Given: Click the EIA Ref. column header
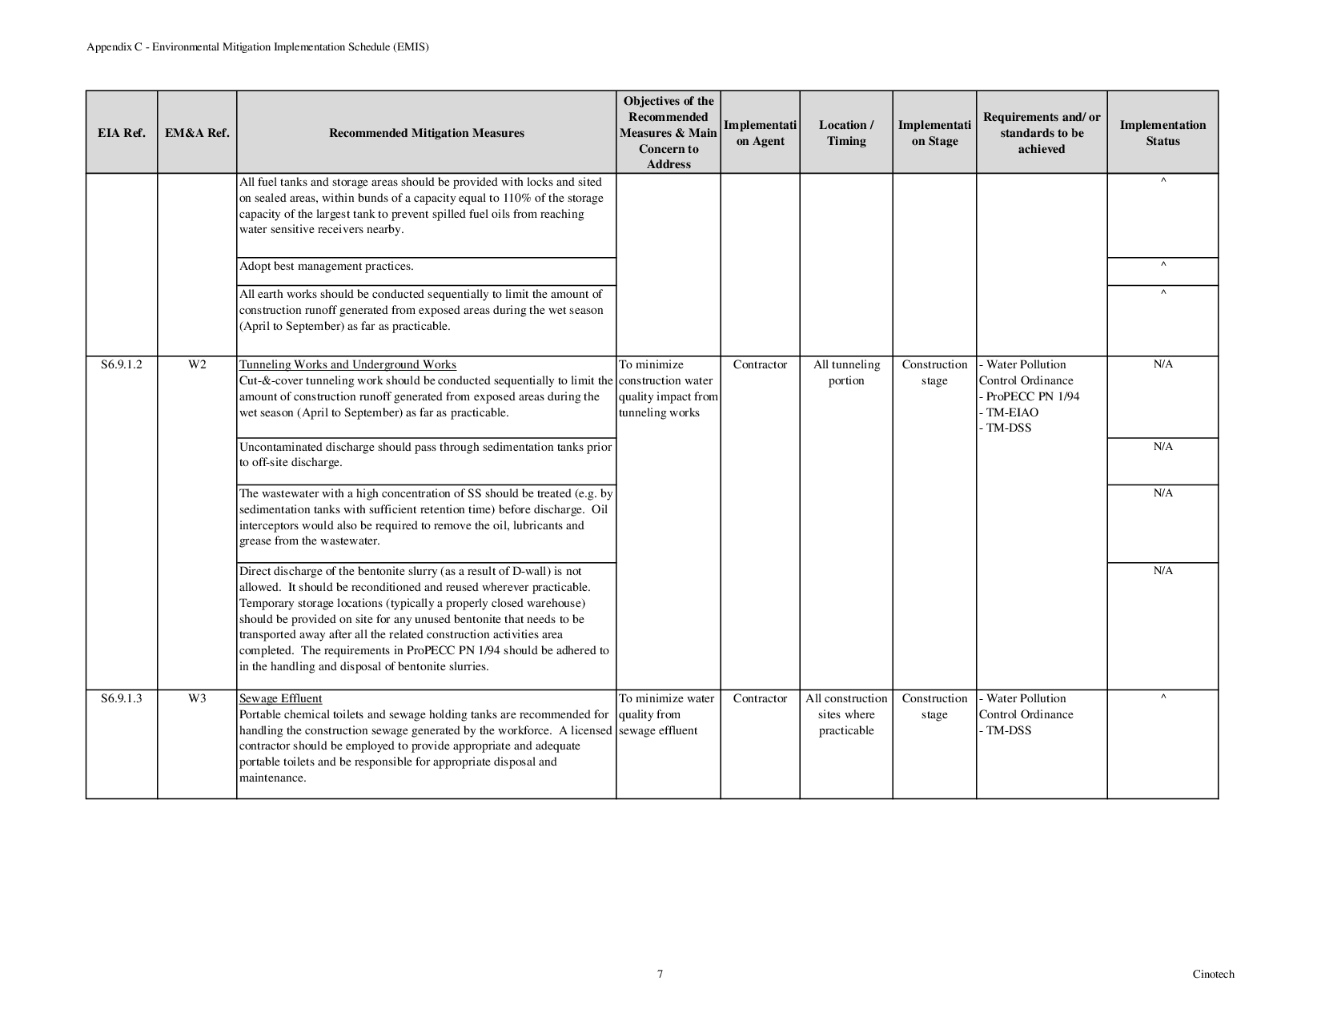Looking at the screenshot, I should click(x=122, y=133).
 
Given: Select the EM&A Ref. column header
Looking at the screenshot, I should click(x=197, y=133).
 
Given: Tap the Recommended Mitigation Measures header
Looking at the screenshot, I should click(x=427, y=133).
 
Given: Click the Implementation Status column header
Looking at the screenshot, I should click(x=1162, y=133).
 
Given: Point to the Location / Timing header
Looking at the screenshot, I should click(x=846, y=133).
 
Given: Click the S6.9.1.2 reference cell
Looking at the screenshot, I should click(x=122, y=364).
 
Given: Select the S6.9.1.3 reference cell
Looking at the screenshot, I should click(x=122, y=698).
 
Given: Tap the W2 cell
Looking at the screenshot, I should click(x=197, y=364).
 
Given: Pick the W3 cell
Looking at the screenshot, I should click(x=197, y=698).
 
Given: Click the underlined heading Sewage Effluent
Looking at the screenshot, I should click(x=281, y=698).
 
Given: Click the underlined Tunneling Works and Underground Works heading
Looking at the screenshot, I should click(x=347, y=364).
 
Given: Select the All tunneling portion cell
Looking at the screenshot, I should click(x=846, y=372).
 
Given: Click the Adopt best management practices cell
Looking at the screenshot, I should click(x=327, y=267).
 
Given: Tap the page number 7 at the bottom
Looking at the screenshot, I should click(x=660, y=975).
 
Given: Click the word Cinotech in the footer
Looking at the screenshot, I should click(x=1213, y=975).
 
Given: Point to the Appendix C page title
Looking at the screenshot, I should click(x=258, y=47).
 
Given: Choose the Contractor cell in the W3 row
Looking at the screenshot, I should click(x=760, y=698).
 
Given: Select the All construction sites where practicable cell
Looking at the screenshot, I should click(x=846, y=714).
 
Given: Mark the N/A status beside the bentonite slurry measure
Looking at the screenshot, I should click(x=1162, y=571).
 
